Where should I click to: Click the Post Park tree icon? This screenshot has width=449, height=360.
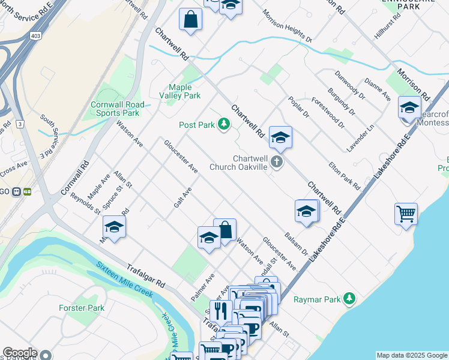(224, 124)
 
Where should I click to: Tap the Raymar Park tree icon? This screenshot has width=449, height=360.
(348, 299)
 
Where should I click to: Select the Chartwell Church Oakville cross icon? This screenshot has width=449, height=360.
(276, 161)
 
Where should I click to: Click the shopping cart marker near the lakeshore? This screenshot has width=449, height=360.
(406, 213)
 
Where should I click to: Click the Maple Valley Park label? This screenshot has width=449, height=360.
(180, 91)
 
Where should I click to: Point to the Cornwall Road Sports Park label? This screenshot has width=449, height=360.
(115, 109)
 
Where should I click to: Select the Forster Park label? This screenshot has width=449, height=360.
(82, 308)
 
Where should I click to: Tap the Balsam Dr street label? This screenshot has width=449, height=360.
(297, 244)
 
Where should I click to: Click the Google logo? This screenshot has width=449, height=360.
(19, 353)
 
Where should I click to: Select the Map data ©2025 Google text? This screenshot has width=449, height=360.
(412, 355)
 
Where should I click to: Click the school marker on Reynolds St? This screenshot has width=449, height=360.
(113, 227)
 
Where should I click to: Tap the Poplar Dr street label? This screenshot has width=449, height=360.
(298, 107)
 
